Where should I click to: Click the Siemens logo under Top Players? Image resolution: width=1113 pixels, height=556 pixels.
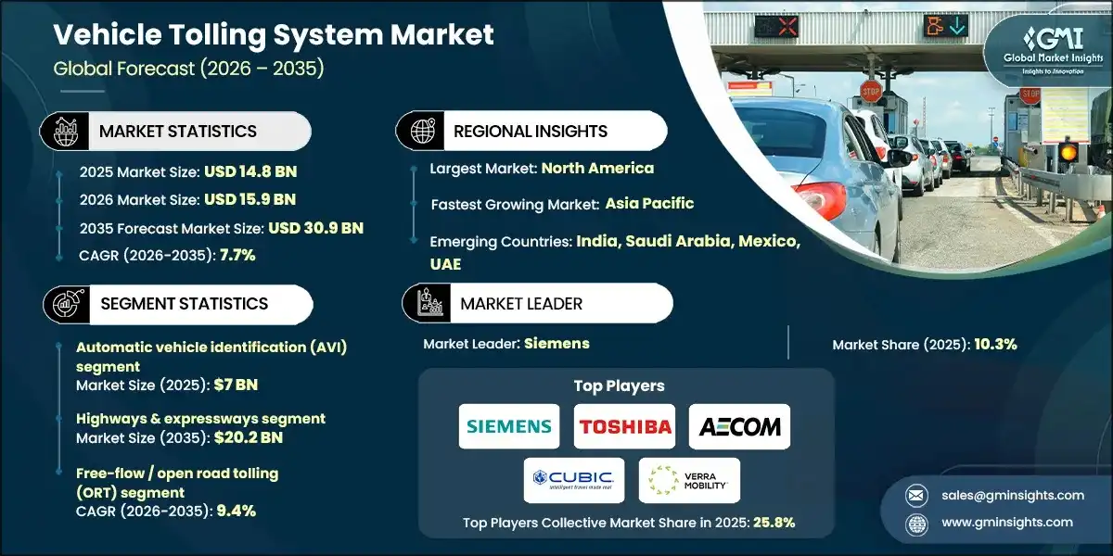pos(509,426)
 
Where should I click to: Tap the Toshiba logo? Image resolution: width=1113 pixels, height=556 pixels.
pos(624,426)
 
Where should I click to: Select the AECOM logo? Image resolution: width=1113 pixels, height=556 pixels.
pos(739,426)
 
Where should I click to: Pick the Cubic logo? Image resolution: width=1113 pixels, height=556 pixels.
pos(574,480)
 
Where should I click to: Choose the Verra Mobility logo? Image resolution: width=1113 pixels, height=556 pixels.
pos(689,480)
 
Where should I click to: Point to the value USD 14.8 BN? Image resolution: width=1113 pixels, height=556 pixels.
pos(251,171)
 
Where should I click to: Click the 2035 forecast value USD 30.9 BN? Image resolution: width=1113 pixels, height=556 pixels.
pos(315,228)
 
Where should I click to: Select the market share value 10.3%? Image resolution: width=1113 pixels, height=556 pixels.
pos(995,344)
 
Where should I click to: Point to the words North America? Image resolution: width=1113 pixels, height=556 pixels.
pos(597,168)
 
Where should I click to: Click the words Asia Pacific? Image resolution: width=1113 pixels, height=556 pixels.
pos(649,203)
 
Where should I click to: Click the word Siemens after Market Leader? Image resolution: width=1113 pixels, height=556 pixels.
pos(556,343)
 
